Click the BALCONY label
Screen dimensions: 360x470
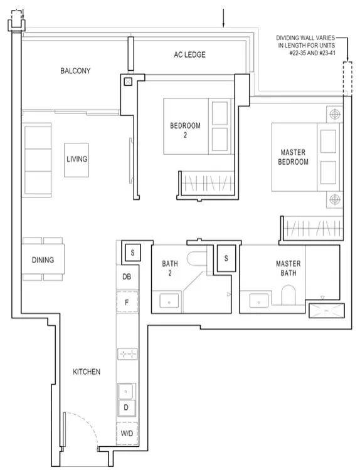pyautogui.click(x=75, y=71)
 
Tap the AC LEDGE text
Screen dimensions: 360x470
pyautogui.click(x=189, y=55)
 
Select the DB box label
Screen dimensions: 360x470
pyautogui.click(x=127, y=276)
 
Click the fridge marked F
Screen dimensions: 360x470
pyautogui.click(x=127, y=302)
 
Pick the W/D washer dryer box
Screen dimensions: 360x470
pyautogui.click(x=127, y=434)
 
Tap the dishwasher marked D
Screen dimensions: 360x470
pyautogui.click(x=126, y=408)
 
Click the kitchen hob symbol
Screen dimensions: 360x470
pyautogui.click(x=127, y=354)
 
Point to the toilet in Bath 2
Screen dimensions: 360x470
pyautogui.click(x=197, y=258)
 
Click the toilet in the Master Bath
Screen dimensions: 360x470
pyautogui.click(x=289, y=295)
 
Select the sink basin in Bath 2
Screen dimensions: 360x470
pyautogui.click(x=169, y=301)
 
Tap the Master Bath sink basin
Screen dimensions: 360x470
pyautogui.click(x=259, y=301)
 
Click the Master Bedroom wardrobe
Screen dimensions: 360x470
pyautogui.click(x=312, y=228)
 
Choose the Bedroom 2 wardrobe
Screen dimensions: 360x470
pyautogui.click(x=208, y=184)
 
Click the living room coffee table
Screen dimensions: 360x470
pyautogui.click(x=77, y=160)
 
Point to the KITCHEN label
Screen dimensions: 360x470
pyautogui.click(x=87, y=372)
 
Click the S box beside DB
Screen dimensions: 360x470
pyautogui.click(x=132, y=253)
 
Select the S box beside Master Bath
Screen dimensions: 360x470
pyautogui.click(x=226, y=258)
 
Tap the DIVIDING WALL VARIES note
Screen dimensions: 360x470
pyautogui.click(x=305, y=46)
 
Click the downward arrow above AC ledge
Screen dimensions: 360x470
pyautogui.click(x=223, y=18)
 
